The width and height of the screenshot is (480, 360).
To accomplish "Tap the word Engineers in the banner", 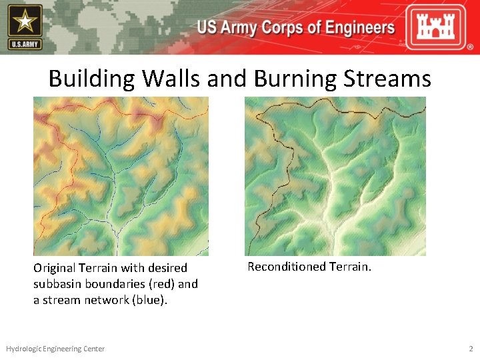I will coord(356,28).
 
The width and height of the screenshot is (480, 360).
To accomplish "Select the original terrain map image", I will coord(121,177).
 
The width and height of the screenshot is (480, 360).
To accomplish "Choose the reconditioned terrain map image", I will coord(335,177).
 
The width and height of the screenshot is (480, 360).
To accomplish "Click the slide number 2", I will coord(471,349).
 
